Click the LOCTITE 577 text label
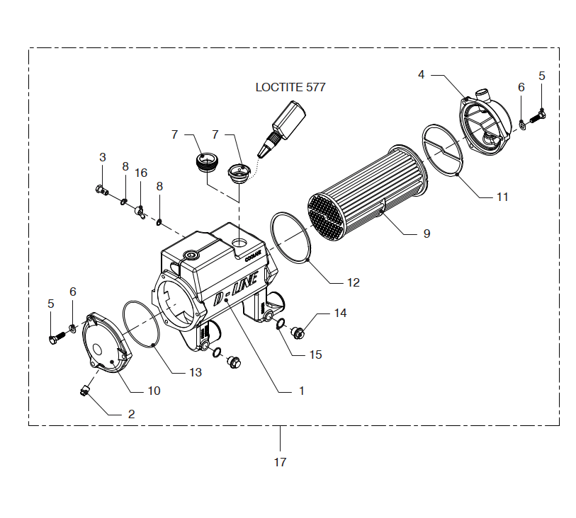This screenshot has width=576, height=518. click(x=290, y=88)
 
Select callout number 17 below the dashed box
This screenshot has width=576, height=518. click(x=280, y=462)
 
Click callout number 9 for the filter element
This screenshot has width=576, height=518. click(x=427, y=233)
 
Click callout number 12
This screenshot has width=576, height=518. click(x=353, y=282)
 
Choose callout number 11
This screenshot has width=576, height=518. click(x=502, y=197)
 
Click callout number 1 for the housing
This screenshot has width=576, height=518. click(x=301, y=390)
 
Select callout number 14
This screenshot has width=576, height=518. click(x=341, y=313)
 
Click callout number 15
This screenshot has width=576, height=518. click(x=315, y=354)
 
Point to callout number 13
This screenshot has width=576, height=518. click(x=194, y=372)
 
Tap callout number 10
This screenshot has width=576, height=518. click(x=154, y=390)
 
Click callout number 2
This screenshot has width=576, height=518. click(x=131, y=415)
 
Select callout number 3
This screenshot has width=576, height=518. click(x=102, y=156)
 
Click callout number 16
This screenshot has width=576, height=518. click(x=141, y=173)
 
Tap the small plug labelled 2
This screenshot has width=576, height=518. click(x=85, y=390)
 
